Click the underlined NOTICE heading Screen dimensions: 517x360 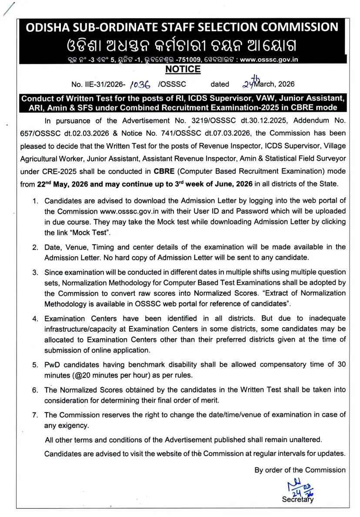(183, 69)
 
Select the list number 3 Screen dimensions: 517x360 (35, 273)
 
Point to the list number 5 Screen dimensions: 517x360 (35, 365)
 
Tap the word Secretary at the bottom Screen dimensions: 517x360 (297, 500)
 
